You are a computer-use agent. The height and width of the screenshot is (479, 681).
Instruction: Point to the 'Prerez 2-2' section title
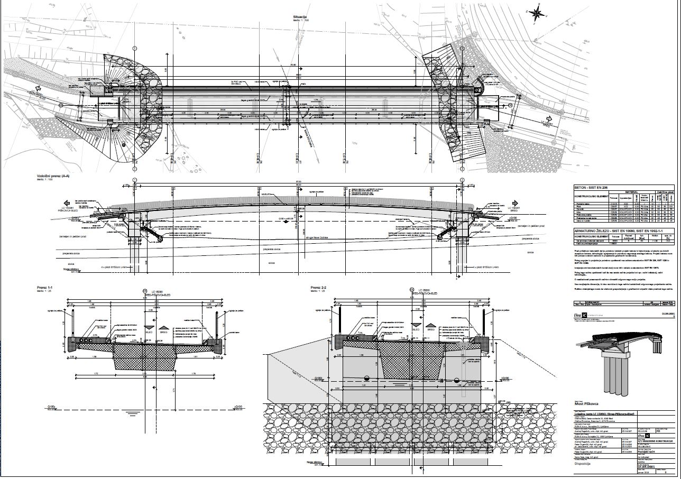(x=318, y=287)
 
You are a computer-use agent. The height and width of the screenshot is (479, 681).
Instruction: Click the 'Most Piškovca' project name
(x=590, y=403)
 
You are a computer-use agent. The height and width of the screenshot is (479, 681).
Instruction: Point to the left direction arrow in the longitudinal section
(x=66, y=203)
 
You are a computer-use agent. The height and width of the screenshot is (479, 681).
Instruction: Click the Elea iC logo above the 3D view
(x=583, y=316)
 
